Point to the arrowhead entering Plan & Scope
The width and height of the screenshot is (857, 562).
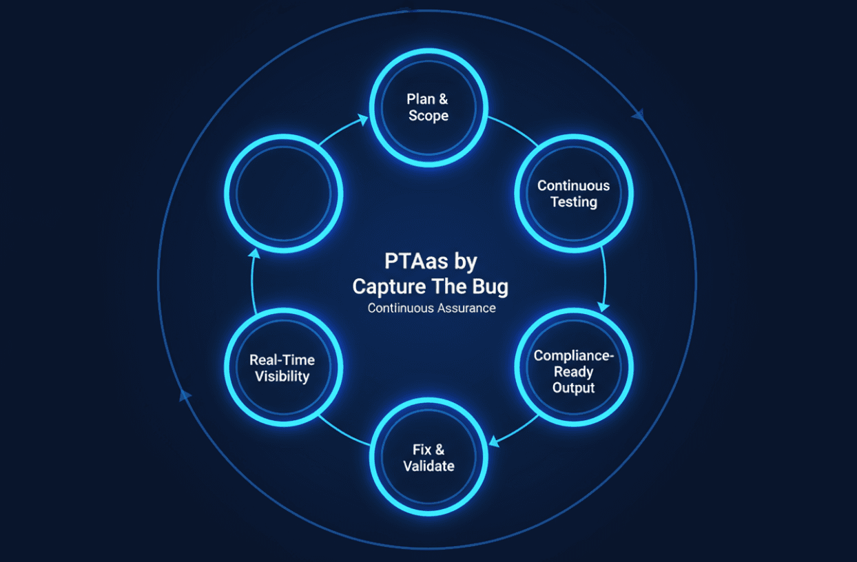point(362,119)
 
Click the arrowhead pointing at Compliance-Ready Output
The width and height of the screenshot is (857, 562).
point(603,306)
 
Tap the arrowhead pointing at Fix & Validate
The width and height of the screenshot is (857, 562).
point(495,441)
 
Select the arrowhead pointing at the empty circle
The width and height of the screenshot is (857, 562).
point(254,253)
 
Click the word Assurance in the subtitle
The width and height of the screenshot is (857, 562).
point(466,308)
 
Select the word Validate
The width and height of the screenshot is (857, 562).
point(429,466)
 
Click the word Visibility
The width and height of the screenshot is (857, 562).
point(282,377)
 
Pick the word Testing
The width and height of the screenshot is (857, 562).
point(574,202)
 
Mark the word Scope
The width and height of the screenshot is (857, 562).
point(429,116)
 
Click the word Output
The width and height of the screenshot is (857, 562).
point(573,388)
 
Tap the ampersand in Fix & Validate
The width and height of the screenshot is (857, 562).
point(440,450)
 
